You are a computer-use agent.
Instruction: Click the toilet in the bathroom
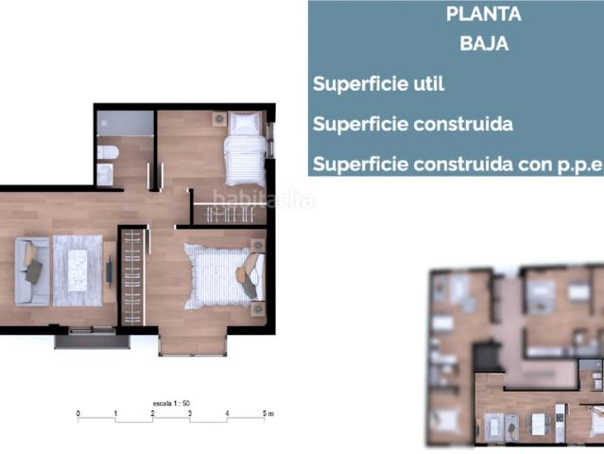(x=107, y=152)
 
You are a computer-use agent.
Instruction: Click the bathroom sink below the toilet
(x=105, y=173)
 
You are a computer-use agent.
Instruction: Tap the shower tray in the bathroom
(x=126, y=123)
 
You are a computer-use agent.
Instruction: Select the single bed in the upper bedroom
(x=245, y=149)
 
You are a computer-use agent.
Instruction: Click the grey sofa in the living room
(x=30, y=270)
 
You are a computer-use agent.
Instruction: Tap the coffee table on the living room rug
(x=77, y=270)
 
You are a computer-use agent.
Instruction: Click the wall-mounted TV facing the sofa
(x=111, y=271)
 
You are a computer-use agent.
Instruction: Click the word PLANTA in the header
(x=483, y=14)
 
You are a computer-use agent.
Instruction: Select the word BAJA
(x=483, y=44)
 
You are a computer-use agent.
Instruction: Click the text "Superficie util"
(x=378, y=83)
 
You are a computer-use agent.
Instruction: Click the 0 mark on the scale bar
(x=78, y=413)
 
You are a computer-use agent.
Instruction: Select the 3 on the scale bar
(x=189, y=413)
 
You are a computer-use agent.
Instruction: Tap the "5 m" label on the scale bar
(x=267, y=413)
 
